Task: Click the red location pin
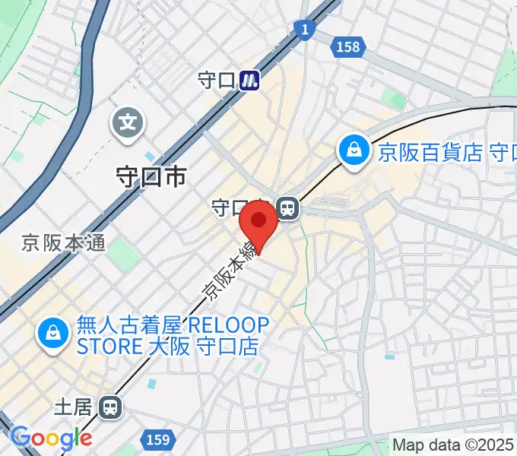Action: tap(258, 223)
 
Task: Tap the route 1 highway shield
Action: tap(304, 30)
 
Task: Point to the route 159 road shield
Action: tap(157, 439)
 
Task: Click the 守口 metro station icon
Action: tap(249, 79)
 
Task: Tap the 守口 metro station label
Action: tap(216, 80)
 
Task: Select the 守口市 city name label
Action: tap(150, 177)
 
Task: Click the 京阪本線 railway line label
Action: tap(228, 270)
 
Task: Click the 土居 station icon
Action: tap(111, 408)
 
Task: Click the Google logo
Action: tap(51, 439)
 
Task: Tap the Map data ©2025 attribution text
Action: tap(453, 445)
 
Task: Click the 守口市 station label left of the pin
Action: tap(232, 207)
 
